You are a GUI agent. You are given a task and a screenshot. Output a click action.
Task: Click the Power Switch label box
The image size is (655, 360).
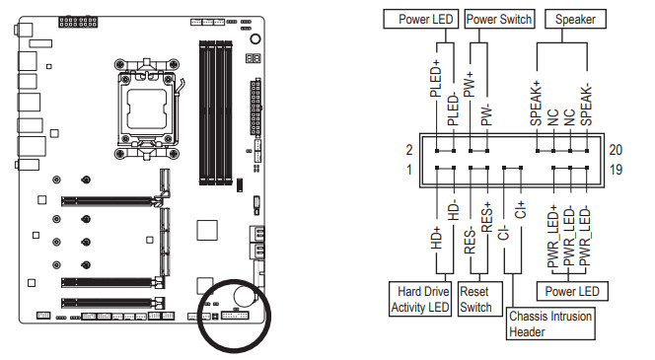pyautogui.click(x=499, y=19)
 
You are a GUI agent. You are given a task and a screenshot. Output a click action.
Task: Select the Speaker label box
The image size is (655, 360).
pyautogui.click(x=575, y=19)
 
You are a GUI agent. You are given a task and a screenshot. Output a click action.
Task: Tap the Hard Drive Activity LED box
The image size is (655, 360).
pyautogui.click(x=420, y=299)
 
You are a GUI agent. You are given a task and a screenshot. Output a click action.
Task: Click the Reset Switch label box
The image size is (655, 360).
pyautogui.click(x=480, y=299)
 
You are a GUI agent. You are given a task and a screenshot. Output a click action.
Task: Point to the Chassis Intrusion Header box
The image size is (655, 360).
pyautogui.click(x=550, y=324)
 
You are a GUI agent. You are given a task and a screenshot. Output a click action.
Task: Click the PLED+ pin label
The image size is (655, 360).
pyautogui.click(x=435, y=79)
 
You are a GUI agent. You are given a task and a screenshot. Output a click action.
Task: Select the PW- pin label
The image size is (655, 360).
pyautogui.click(x=486, y=115)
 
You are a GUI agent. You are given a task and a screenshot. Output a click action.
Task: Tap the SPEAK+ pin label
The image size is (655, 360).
pyautogui.click(x=536, y=104)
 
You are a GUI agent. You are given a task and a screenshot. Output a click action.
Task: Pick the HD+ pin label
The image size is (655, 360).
pyautogui.click(x=436, y=238)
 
